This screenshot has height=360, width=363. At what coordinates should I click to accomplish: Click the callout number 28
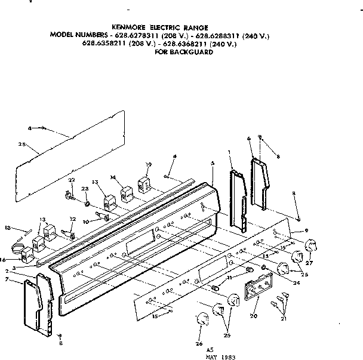(x=21, y=144)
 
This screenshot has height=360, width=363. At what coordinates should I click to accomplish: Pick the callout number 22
(x=71, y=180)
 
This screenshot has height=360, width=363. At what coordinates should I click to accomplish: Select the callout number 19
(x=149, y=165)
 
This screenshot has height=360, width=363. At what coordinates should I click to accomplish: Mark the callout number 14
(x=113, y=177)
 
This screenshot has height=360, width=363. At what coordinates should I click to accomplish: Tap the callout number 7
(x=6, y=279)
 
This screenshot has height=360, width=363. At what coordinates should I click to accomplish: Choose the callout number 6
(x=248, y=139)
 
